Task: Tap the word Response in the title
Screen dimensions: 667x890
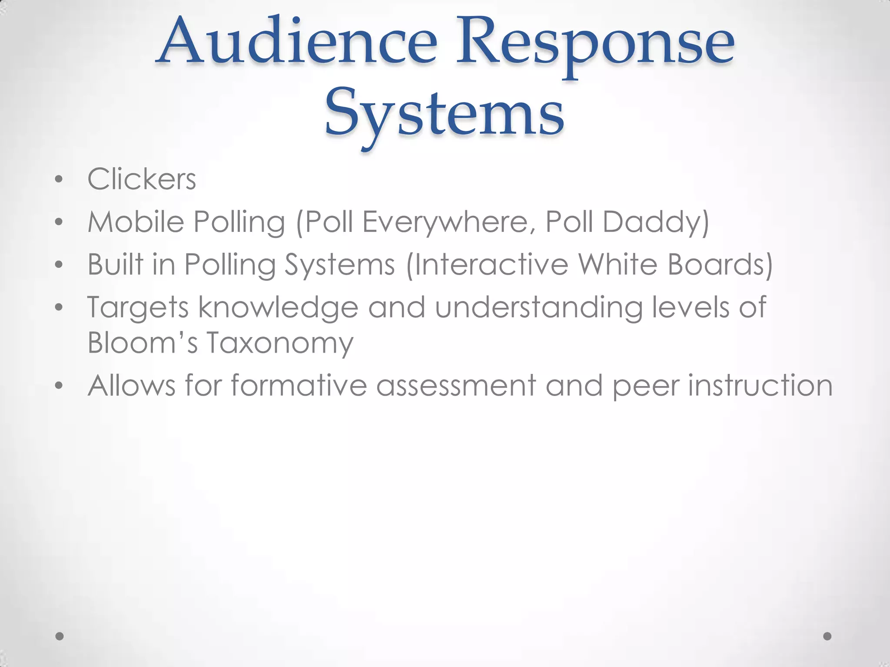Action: [595, 46]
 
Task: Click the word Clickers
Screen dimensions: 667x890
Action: [142, 179]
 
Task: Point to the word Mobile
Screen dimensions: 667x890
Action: [136, 221]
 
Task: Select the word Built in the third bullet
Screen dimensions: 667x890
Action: [115, 264]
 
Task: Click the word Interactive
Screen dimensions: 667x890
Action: [491, 264]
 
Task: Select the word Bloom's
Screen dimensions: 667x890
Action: [143, 342]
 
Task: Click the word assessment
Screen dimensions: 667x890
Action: [456, 386]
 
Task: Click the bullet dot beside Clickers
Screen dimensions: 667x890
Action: [59, 179]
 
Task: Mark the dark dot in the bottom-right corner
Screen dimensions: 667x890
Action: [827, 636]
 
